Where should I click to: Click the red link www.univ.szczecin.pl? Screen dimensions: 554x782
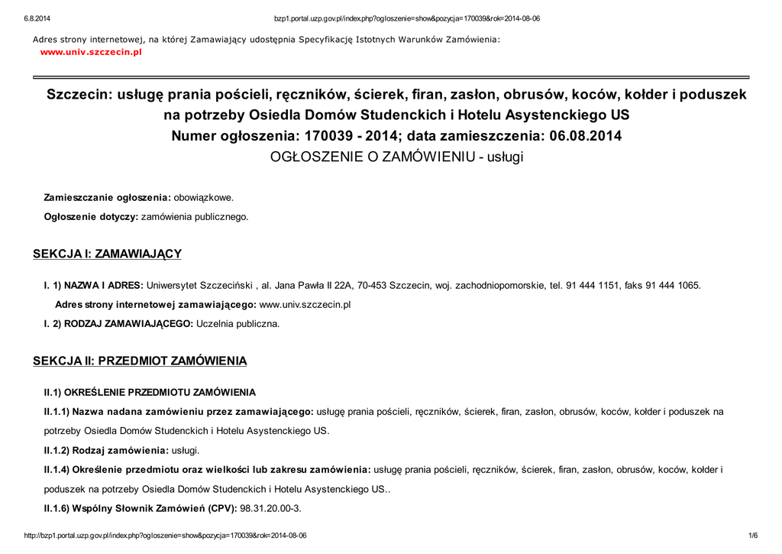(x=91, y=52)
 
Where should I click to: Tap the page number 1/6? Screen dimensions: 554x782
(x=752, y=536)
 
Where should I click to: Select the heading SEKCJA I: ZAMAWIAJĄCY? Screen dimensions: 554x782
(x=107, y=254)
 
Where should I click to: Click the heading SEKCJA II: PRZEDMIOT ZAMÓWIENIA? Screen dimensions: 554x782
(x=140, y=360)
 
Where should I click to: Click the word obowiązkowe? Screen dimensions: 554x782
(x=204, y=197)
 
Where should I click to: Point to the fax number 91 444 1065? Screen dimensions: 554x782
(x=672, y=285)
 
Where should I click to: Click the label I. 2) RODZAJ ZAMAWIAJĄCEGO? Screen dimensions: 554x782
(x=118, y=324)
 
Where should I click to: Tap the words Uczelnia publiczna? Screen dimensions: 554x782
(x=238, y=324)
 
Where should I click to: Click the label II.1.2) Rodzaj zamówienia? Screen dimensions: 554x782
(x=106, y=450)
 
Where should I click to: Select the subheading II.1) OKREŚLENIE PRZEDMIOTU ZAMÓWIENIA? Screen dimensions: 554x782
(x=150, y=393)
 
